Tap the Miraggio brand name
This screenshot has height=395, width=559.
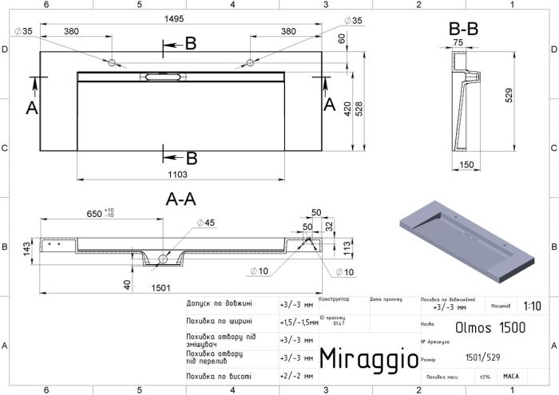point(368,358)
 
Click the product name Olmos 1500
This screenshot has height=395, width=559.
point(481,326)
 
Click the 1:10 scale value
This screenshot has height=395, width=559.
point(533,306)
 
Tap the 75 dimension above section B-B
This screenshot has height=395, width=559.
point(458,43)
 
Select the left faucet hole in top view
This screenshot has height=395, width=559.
point(113,62)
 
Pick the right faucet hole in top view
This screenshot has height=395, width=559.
point(251,62)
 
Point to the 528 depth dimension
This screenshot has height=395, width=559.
point(359,109)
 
